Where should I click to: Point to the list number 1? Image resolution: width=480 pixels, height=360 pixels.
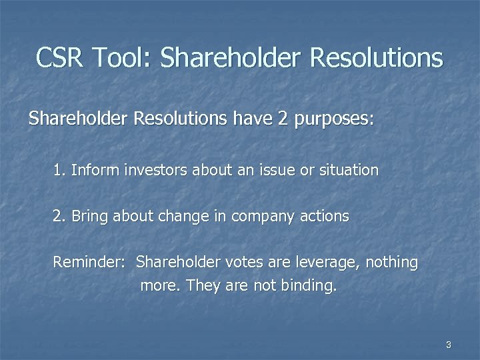click(x=59, y=170)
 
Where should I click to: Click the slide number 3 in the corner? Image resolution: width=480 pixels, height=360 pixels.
click(x=449, y=345)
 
